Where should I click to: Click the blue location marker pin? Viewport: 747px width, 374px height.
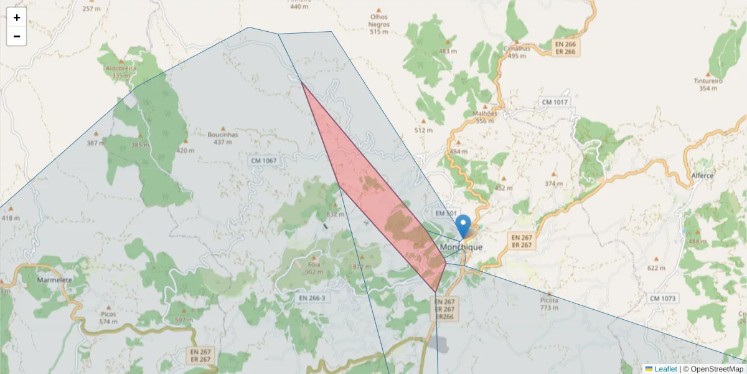pos(463,226)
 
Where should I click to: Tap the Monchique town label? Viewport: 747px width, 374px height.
pos(461,247)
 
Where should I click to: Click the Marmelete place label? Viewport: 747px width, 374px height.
pos(55,280)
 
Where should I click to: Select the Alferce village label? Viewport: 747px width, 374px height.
pos(702,176)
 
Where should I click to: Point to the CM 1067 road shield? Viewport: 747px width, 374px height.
pos(263,161)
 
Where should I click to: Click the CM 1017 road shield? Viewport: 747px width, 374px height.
pos(555,102)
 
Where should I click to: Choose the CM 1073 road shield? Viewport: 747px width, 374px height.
pos(662,299)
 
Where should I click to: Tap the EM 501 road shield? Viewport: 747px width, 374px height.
pos(446,213)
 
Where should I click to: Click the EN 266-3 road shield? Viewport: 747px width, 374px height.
pos(312,299)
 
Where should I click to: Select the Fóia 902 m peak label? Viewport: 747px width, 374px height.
pos(314,268)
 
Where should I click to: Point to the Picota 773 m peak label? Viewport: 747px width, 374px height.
pos(549,304)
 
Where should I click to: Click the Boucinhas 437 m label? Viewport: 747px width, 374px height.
pos(223,138)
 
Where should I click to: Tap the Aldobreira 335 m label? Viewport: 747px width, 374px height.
pos(117,71)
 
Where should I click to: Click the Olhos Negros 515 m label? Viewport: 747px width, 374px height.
pos(378,24)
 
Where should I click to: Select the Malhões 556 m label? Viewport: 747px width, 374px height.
pos(485,117)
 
